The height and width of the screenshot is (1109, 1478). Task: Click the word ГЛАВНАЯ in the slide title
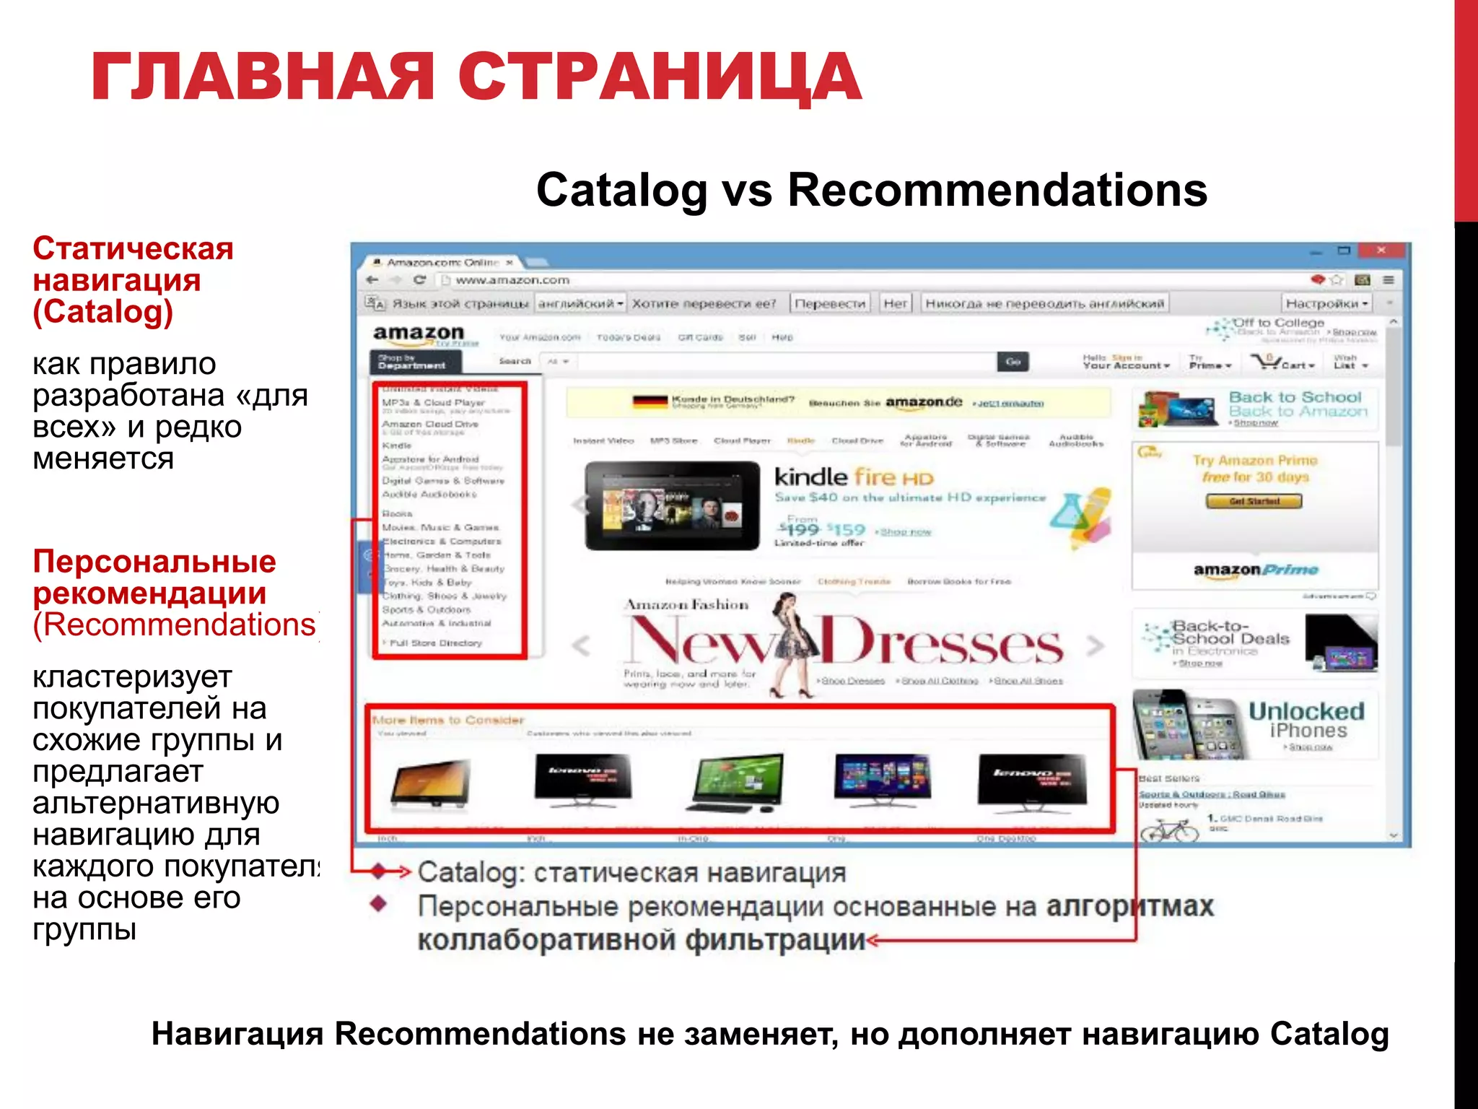pos(263,77)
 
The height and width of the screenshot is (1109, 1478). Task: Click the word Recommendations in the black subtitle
pos(997,191)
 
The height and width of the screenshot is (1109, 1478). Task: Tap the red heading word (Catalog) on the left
pos(102,312)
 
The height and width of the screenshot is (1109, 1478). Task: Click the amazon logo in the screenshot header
pos(419,334)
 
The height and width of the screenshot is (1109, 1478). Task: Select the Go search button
pos(1013,362)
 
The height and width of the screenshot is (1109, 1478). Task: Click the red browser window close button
pos(1381,251)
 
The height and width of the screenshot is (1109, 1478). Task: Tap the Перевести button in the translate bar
pos(830,304)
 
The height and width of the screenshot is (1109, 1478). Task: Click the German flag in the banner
pos(650,401)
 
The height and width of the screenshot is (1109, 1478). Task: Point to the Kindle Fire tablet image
pos(672,506)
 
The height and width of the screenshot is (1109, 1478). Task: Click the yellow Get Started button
pos(1254,501)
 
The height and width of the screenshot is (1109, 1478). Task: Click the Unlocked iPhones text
pos(1306,720)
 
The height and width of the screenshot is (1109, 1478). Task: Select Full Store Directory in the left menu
pos(435,643)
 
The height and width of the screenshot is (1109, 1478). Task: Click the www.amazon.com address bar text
pos(512,280)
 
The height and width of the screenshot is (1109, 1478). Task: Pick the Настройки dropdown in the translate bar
pos(1326,304)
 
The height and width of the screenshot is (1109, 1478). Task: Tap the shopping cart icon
pos(1266,362)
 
